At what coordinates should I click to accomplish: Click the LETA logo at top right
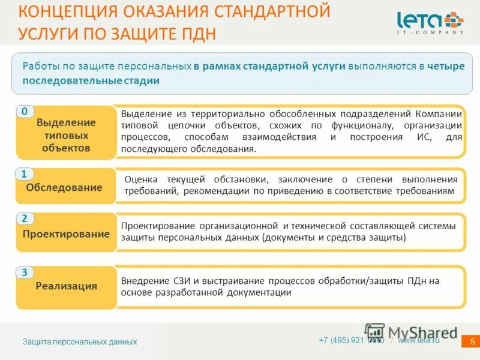point(430,20)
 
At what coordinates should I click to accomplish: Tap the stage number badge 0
point(24,112)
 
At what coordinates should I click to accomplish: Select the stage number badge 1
point(24,174)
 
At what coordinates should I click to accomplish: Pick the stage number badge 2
point(24,218)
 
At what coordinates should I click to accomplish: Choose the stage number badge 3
point(24,272)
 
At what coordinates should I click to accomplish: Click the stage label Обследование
point(64,187)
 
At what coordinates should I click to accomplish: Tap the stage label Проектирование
point(66,234)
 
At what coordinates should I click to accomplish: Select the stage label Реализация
point(66,286)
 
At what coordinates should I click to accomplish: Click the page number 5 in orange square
point(472,341)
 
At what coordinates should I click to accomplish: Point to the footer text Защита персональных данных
point(80,341)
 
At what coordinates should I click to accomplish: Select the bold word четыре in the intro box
point(445,66)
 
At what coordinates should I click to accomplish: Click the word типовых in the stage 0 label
point(66,135)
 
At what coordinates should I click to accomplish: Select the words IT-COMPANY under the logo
point(430,32)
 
